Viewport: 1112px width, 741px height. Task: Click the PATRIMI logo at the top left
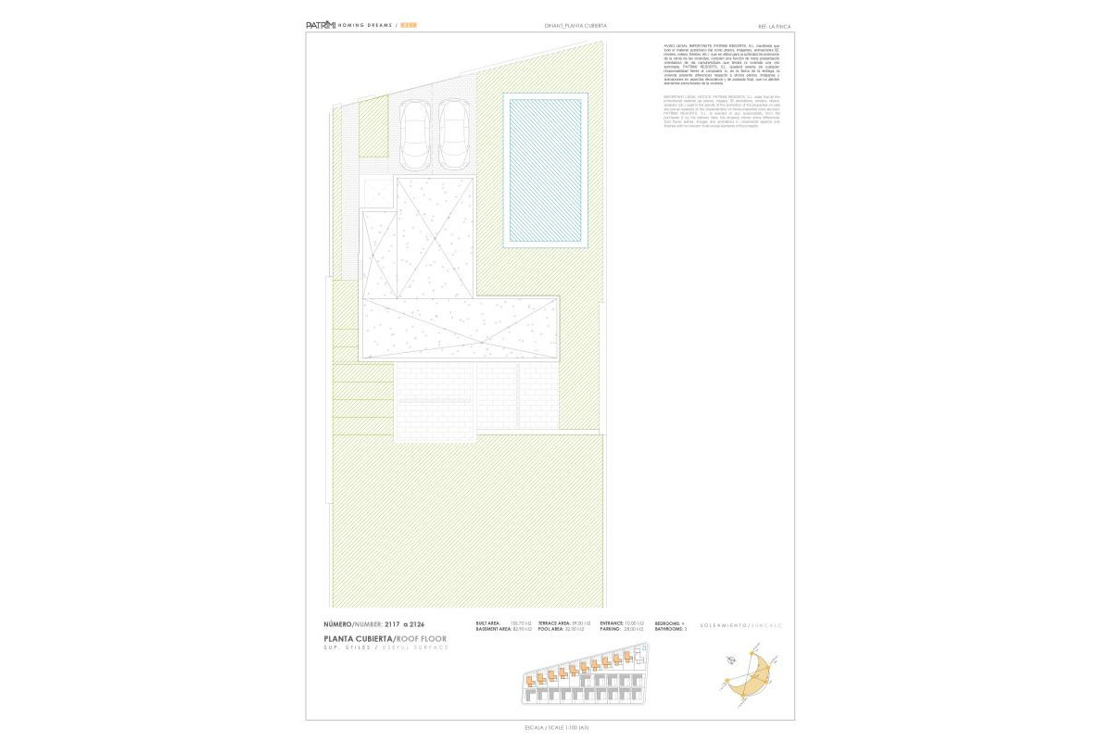click(320, 25)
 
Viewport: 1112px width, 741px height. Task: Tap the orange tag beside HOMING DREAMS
click(409, 25)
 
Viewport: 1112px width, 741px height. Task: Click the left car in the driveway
click(414, 132)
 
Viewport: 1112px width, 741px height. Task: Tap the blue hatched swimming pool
click(546, 169)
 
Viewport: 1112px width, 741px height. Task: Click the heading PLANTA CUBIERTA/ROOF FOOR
click(385, 639)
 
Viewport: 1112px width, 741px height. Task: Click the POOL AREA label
click(554, 630)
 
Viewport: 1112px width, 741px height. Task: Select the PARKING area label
click(612, 630)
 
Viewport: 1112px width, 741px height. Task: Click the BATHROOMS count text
click(670, 630)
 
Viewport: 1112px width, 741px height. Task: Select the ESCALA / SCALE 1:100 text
click(557, 728)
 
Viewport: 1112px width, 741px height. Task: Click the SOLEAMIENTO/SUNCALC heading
click(741, 625)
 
